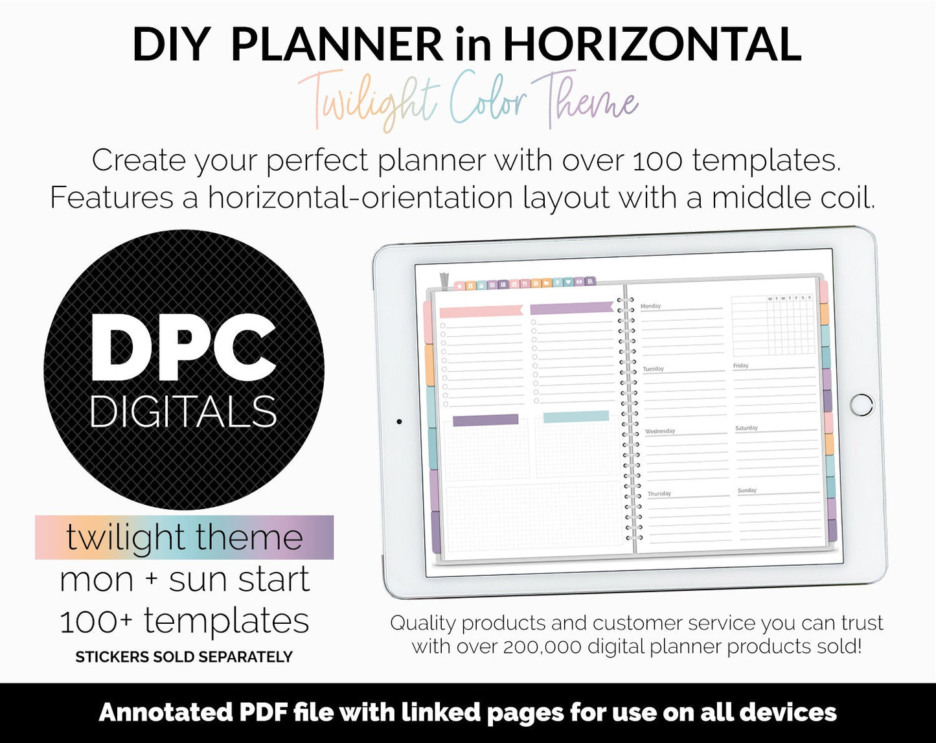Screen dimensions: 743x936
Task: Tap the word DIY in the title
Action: [x=170, y=44]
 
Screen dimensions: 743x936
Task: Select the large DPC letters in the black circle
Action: [x=183, y=350]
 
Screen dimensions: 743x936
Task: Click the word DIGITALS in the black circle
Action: [x=183, y=412]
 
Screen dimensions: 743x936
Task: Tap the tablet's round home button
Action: [x=862, y=404]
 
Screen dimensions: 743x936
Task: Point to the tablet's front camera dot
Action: [x=399, y=422]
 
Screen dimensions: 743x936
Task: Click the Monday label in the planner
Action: [x=650, y=306]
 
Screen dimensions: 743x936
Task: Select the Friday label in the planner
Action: [x=741, y=365]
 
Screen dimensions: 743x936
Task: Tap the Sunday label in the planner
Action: [x=747, y=490]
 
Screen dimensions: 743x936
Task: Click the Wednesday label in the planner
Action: [x=660, y=431]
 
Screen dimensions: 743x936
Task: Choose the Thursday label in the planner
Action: [x=659, y=494]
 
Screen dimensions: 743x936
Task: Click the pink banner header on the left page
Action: [x=481, y=311]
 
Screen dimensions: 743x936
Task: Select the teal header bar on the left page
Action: [x=576, y=417]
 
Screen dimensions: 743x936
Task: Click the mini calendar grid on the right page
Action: [x=773, y=325]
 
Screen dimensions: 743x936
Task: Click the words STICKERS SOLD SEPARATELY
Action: [x=184, y=657]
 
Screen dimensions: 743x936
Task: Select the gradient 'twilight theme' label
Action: [x=184, y=537]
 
